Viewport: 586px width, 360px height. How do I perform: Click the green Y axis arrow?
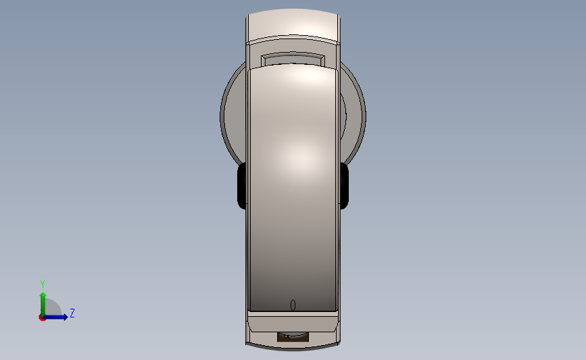point(43,304)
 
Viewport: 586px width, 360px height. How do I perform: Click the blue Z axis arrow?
point(55,317)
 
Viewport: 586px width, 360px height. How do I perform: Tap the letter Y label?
point(43,284)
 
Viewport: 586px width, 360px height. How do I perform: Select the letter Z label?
point(72,313)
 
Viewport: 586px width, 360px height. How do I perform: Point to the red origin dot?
point(42,317)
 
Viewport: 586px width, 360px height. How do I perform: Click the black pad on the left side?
point(242,186)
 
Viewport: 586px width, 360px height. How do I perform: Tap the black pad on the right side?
point(344,186)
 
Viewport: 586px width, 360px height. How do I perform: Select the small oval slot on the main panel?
point(293,305)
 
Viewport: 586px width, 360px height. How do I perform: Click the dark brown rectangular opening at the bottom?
point(293,336)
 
